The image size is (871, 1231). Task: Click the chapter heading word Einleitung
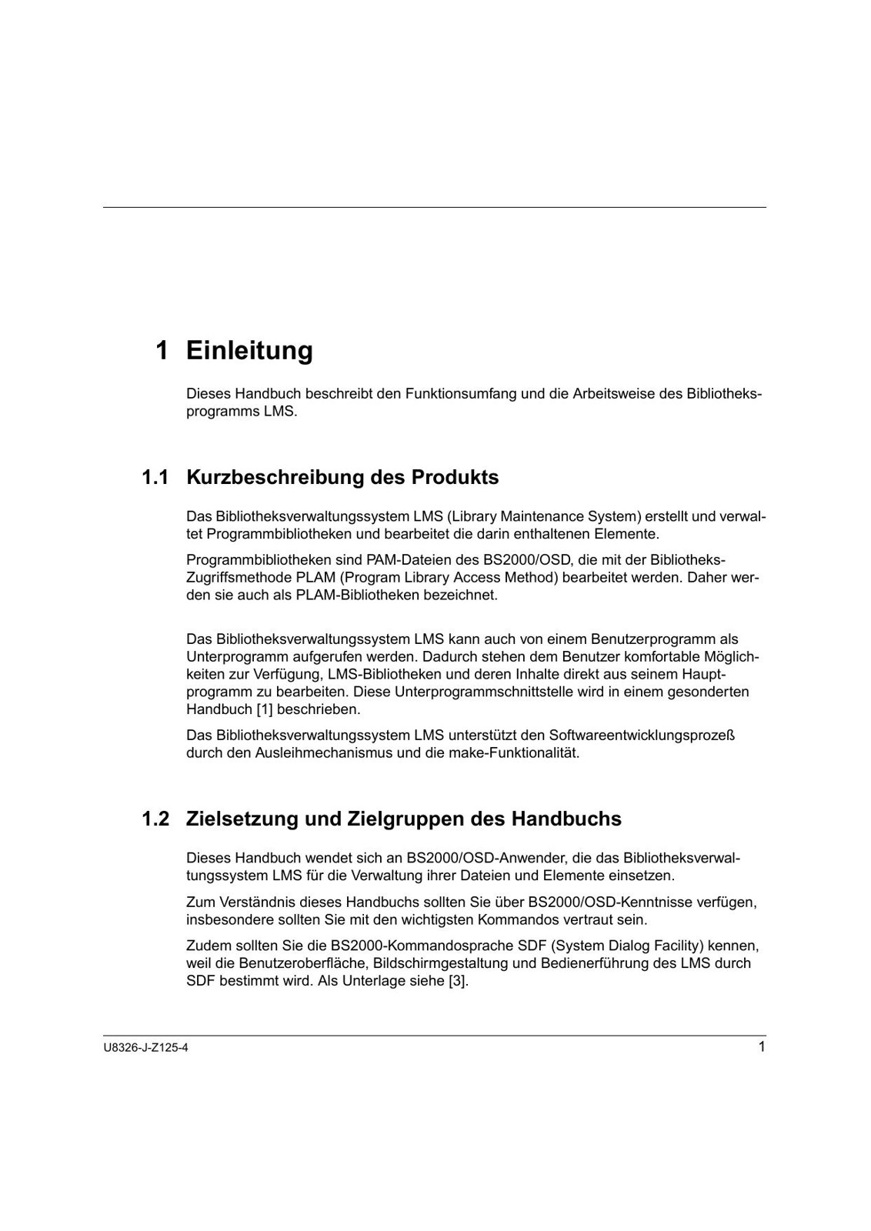(x=249, y=351)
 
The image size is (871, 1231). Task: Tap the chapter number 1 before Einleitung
(x=162, y=351)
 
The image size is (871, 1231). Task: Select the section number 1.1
(x=155, y=478)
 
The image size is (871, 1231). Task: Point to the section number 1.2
(x=155, y=819)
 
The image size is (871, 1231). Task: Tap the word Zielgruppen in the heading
(x=405, y=819)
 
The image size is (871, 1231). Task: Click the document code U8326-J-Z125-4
(x=145, y=1048)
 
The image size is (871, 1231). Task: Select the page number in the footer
(x=761, y=1046)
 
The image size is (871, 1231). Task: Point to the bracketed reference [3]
(x=459, y=982)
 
